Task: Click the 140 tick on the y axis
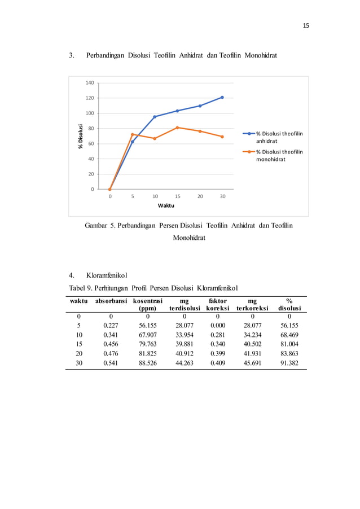(90, 83)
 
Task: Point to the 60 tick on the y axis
(91, 143)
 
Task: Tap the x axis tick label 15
(177, 196)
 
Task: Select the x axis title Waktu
(166, 205)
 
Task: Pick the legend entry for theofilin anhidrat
(279, 137)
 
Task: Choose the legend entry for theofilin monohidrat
(279, 155)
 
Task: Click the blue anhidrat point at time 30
(222, 97)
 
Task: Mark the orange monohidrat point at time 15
(177, 128)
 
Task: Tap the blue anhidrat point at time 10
(155, 117)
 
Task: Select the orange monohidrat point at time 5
(132, 134)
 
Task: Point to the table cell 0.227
(111, 326)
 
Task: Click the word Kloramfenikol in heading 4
(107, 276)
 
